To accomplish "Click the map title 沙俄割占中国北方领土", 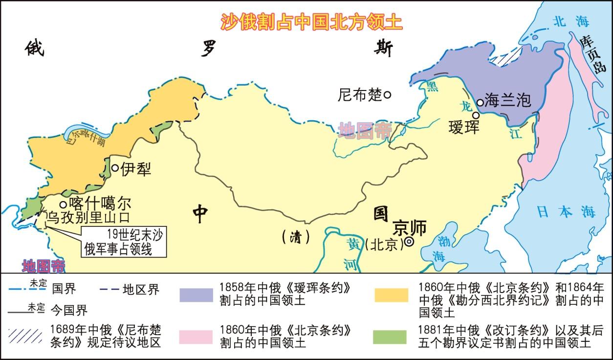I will coord(311,22).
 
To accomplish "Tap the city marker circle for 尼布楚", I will coord(387,94).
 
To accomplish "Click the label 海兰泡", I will coord(507,101).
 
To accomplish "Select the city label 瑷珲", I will coord(464,128).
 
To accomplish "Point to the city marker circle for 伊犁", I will coord(115,168).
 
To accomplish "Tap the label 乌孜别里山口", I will coord(88,217).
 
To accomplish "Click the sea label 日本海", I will coord(566,211).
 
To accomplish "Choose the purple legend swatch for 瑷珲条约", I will coord(196,294).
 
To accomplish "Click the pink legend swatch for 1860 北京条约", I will coord(196,337).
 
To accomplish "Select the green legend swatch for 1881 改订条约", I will coord(390,337).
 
